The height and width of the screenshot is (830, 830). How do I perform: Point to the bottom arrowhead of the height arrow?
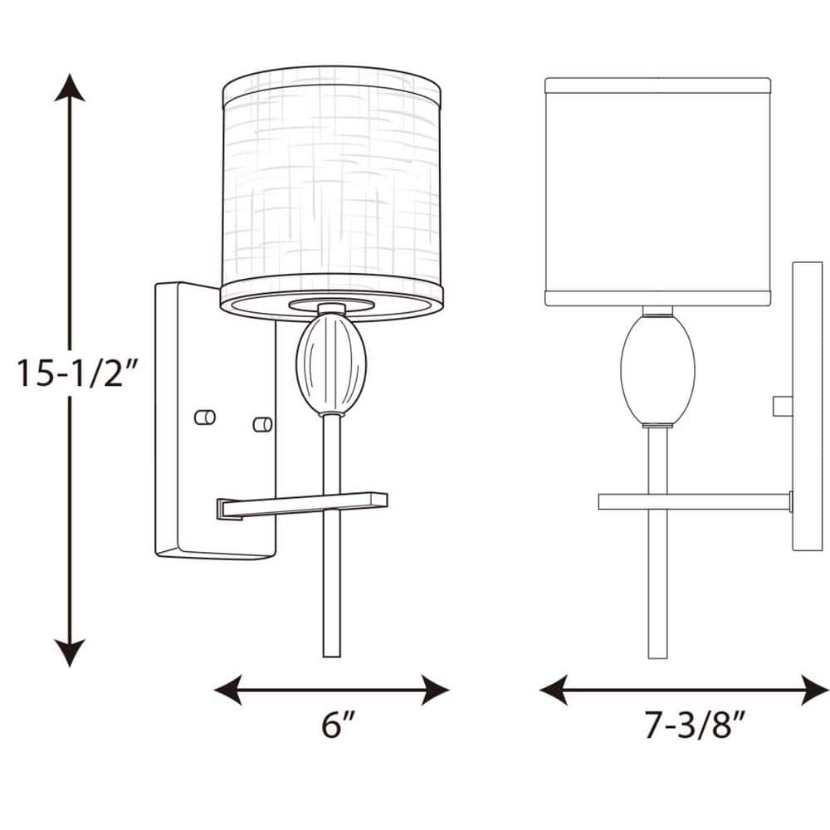click(70, 653)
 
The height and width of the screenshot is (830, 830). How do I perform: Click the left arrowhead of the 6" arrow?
click(227, 689)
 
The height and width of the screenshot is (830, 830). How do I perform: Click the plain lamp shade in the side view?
click(658, 191)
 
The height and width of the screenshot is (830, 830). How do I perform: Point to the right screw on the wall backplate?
click(263, 424)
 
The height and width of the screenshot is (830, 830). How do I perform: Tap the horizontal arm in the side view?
click(694, 501)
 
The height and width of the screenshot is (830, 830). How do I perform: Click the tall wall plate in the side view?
click(807, 407)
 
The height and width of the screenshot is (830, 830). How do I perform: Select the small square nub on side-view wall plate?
click(782, 406)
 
